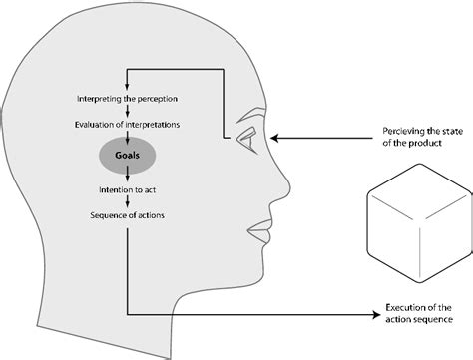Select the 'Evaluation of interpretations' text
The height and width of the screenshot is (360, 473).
pyautogui.click(x=127, y=125)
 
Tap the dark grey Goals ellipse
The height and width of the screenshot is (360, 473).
pyautogui.click(x=127, y=156)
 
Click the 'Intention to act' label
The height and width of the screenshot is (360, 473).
pyautogui.click(x=127, y=189)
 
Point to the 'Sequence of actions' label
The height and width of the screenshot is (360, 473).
pyautogui.click(x=127, y=215)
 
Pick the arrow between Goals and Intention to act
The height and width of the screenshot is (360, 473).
pyautogui.click(x=127, y=177)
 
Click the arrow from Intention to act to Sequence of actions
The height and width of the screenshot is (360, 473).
pyautogui.click(x=127, y=202)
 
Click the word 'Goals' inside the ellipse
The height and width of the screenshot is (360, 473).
pyautogui.click(x=127, y=157)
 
